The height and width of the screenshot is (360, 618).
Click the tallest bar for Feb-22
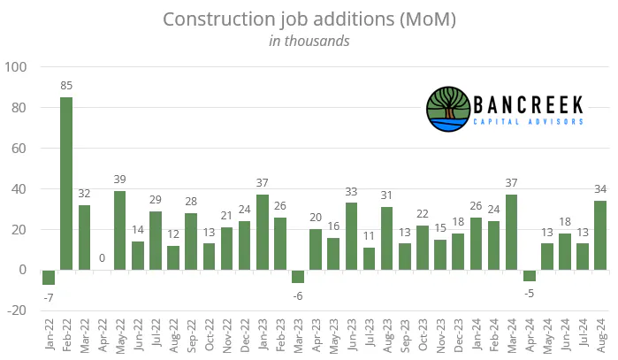pos(66,184)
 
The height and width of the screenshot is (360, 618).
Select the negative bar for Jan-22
pos(49,277)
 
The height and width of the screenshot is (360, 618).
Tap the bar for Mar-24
pos(511,233)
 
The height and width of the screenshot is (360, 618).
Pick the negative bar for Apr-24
pos(529,276)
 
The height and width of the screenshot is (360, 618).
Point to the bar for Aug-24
pos(600,235)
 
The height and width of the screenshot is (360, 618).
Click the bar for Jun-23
pos(351,236)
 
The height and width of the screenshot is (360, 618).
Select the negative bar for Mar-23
pos(298,276)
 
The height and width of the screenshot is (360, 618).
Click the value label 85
pos(66,86)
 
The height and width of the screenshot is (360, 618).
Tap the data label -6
pos(298,296)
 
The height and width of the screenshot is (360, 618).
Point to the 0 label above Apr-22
pos(102,258)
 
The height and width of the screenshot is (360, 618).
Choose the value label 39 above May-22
pos(120,180)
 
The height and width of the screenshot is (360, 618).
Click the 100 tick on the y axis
pos(15,67)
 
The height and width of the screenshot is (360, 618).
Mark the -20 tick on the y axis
pos(17,310)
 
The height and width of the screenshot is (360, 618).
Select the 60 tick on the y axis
pos(19,149)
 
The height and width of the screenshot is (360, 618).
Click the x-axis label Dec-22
pos(245,335)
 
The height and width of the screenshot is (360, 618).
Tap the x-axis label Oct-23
pos(423,334)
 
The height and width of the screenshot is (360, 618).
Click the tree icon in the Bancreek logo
pos(448,109)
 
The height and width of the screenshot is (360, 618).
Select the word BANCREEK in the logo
pos(528,105)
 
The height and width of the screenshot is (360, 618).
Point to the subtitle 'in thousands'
pos(309,41)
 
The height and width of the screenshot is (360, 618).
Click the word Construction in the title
pos(218,19)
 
